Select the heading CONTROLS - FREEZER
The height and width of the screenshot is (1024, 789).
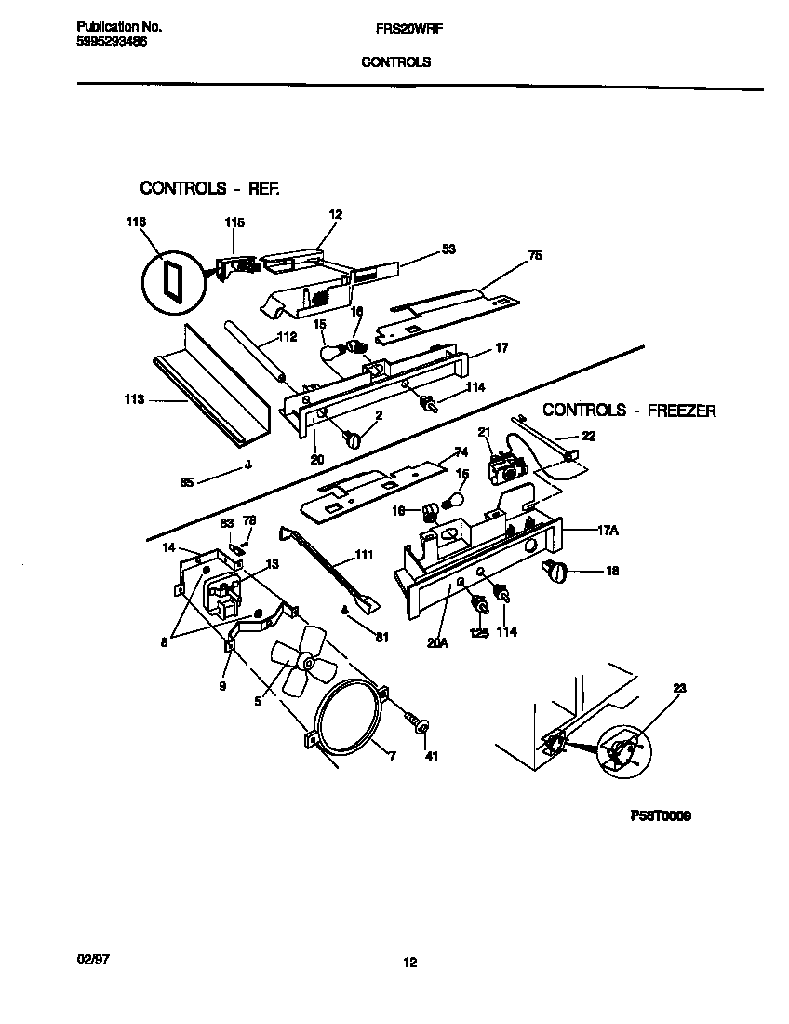[629, 410]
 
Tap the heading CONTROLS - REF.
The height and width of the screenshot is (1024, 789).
[209, 188]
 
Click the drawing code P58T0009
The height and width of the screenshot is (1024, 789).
[660, 816]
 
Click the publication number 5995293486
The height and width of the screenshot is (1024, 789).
[110, 42]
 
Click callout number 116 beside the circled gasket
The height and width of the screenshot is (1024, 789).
[137, 222]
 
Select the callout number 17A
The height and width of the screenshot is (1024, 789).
[608, 530]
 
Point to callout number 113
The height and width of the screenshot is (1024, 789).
[133, 400]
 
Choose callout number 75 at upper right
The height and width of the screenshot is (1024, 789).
[534, 255]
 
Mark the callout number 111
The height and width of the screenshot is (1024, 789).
[363, 555]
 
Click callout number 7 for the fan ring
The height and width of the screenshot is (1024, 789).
[392, 757]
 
